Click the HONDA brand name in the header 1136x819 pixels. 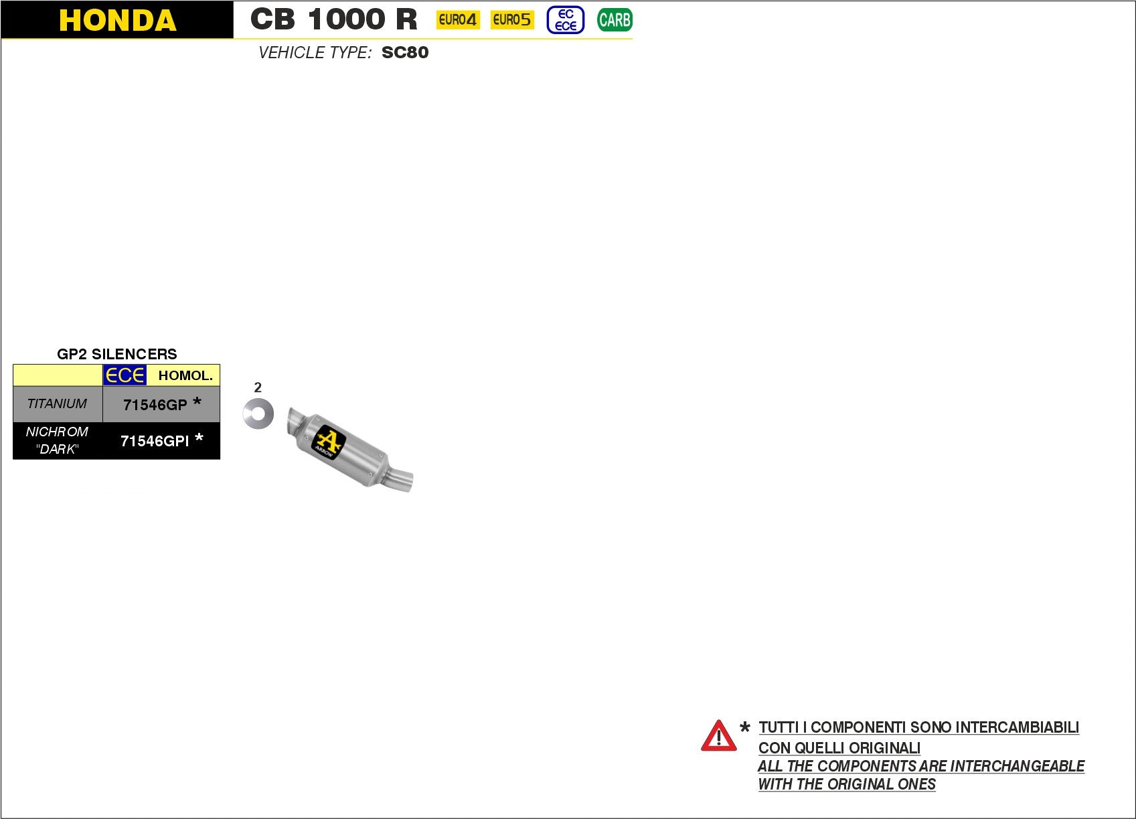(117, 20)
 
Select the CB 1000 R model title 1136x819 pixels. (333, 19)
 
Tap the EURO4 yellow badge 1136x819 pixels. (458, 20)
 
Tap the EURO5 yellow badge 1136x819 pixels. (512, 20)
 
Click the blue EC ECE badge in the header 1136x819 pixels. (566, 20)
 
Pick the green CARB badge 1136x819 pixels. (615, 20)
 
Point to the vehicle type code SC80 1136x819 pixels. (405, 53)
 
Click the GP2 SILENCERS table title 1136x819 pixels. (117, 354)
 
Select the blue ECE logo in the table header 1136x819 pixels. (125, 375)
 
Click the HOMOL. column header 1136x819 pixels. (185, 375)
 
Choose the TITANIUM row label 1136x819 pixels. (57, 403)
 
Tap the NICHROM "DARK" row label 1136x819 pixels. (57, 440)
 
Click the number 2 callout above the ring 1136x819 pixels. (258, 387)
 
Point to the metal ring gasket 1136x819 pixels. (258, 414)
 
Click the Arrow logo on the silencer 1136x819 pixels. (328, 442)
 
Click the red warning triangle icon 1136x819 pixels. (718, 736)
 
